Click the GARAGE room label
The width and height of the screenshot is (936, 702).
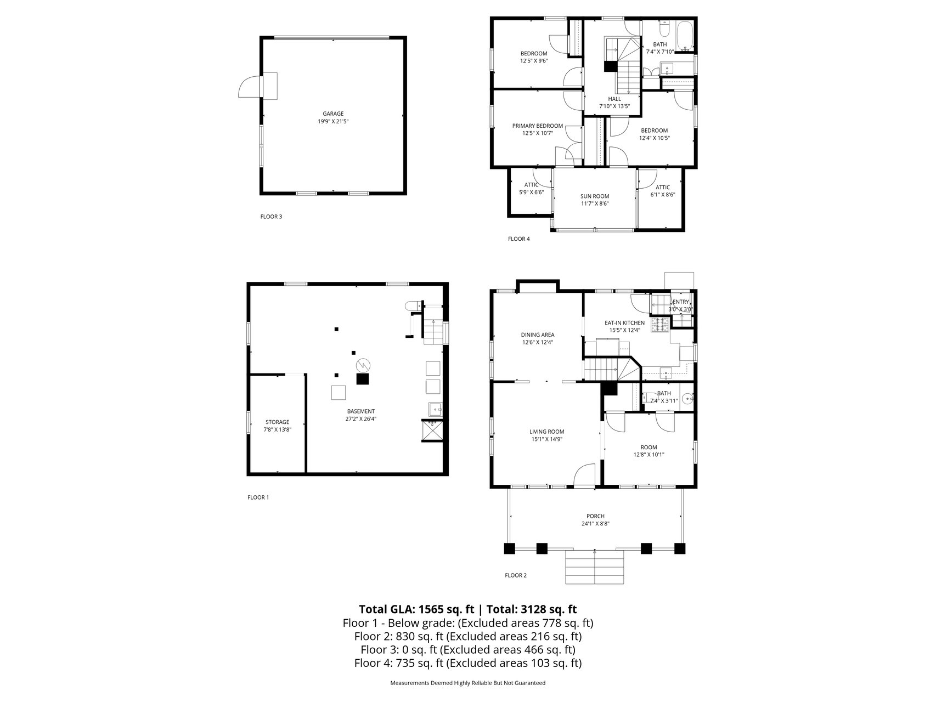(333, 114)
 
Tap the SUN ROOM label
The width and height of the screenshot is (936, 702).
(595, 196)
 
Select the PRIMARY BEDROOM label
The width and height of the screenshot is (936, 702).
(538, 126)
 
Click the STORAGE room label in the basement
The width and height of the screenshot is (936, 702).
(277, 422)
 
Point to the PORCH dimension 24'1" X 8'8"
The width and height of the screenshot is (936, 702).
(595, 524)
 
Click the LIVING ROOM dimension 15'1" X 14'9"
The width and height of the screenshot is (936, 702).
(546, 439)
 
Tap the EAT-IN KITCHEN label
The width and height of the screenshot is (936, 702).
(624, 323)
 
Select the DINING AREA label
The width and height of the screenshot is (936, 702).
(538, 335)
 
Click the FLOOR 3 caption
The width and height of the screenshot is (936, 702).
(271, 217)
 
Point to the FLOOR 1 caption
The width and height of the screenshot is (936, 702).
(258, 497)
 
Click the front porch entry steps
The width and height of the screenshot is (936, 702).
(595, 567)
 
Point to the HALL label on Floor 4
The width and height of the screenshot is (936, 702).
(614, 99)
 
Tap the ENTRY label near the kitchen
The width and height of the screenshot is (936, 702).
(680, 302)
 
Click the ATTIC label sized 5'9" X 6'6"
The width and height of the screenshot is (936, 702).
(531, 185)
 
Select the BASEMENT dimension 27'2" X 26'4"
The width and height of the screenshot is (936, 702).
(360, 419)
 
